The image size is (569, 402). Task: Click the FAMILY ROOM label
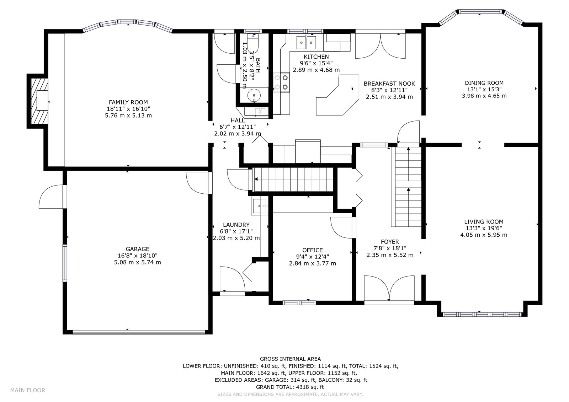pos(128,102)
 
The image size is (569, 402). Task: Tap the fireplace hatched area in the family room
pos(39,101)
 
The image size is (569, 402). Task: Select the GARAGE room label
pos(137,249)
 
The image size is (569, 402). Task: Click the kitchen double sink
pos(306,42)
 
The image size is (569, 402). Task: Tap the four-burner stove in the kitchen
pos(282,82)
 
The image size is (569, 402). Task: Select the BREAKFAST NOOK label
pos(389,84)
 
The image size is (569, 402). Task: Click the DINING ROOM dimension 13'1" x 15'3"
pos(484,89)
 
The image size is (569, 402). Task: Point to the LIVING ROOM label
pos(484,222)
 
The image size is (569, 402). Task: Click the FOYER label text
pos(390,242)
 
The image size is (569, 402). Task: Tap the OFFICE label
pos(313,250)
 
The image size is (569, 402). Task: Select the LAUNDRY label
pos(236,225)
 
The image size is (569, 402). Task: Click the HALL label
pos(238,120)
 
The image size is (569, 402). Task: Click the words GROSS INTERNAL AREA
pos(290,359)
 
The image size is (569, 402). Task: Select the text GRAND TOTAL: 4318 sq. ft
pos(290,387)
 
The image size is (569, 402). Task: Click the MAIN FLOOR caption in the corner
pos(28,390)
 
